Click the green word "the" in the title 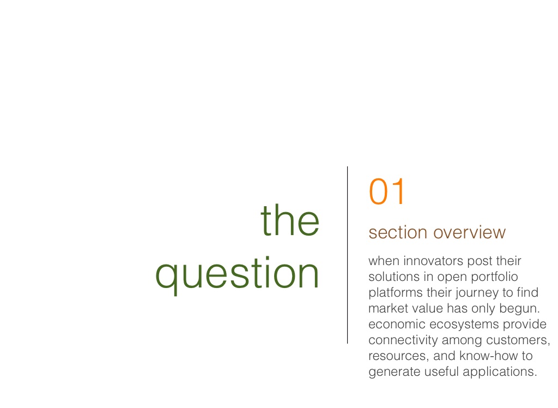pyautogui.click(x=290, y=220)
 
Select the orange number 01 pyautogui.click(x=387, y=191)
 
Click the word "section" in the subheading pyautogui.click(x=398, y=233)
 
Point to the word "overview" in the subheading pyautogui.click(x=469, y=233)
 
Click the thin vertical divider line pyautogui.click(x=347, y=255)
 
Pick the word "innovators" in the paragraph pyautogui.click(x=433, y=261)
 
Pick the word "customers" pyautogui.click(x=517, y=340)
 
